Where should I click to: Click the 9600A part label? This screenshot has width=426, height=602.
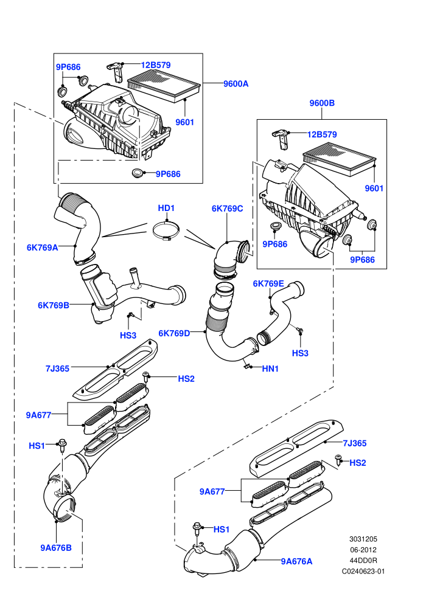236,84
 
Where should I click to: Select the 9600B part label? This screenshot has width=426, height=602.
322,103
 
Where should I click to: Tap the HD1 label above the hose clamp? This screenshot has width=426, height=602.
166,208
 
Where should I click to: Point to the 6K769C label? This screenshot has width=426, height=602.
227,209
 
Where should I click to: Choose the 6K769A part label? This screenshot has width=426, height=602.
42,247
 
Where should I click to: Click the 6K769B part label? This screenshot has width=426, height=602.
54,305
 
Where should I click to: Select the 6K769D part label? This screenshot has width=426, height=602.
175,333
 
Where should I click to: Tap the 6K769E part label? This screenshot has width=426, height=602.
268,284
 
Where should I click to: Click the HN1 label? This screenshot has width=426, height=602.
270,368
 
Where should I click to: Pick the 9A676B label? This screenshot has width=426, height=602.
56,548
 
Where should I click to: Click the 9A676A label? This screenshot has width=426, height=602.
296,561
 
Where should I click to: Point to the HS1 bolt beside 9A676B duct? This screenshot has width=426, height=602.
62,445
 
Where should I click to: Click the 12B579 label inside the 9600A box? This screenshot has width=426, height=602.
156,65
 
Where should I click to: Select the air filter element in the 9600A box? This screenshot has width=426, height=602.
164,86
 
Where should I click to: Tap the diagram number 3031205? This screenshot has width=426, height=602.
363,539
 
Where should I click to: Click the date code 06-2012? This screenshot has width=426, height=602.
363,550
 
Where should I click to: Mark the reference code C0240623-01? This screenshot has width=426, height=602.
363,571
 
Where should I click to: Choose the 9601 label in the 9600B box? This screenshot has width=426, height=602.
374,188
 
